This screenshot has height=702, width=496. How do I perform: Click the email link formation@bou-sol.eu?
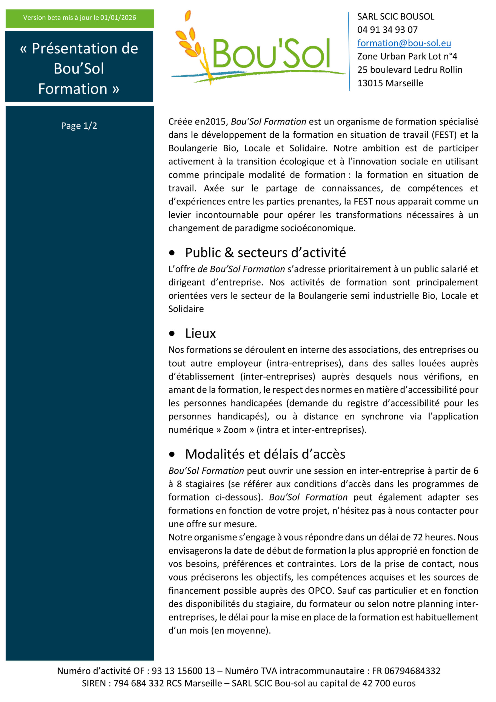(x=404, y=43)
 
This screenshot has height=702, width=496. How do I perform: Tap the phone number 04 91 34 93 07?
(x=387, y=30)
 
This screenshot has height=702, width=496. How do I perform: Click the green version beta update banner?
(x=79, y=18)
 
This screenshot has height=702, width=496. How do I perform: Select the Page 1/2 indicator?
(x=79, y=126)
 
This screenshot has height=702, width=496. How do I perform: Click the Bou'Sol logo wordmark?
(x=271, y=54)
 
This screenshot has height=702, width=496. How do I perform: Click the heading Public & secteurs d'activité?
(x=265, y=253)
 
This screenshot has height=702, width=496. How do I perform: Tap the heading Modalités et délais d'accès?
(x=265, y=454)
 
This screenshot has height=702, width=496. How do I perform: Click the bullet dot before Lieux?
(x=172, y=333)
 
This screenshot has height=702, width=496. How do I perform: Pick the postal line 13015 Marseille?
(x=390, y=83)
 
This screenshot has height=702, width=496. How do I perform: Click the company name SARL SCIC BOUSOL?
(x=395, y=16)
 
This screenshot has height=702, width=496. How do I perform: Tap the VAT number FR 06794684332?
(x=406, y=671)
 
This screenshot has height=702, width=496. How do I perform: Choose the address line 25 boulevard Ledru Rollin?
(x=409, y=70)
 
